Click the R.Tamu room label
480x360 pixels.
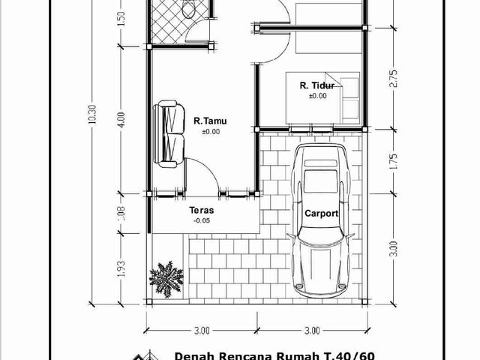210,121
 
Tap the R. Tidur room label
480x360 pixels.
317,85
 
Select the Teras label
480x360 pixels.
202,210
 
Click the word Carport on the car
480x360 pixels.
322,213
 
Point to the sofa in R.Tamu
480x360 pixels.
169,134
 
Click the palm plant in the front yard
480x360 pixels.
166,279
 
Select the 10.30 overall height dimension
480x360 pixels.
92,114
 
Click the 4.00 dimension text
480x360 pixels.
121,120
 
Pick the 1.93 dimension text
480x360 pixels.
121,268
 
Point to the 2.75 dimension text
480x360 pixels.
394,79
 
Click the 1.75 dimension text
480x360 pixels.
394,161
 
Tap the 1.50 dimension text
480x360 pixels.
121,18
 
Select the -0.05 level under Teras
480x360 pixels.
202,220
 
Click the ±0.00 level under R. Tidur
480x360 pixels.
318,96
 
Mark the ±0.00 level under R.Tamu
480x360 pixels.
211,132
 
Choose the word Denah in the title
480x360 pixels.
193,356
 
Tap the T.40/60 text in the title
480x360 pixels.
349,356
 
